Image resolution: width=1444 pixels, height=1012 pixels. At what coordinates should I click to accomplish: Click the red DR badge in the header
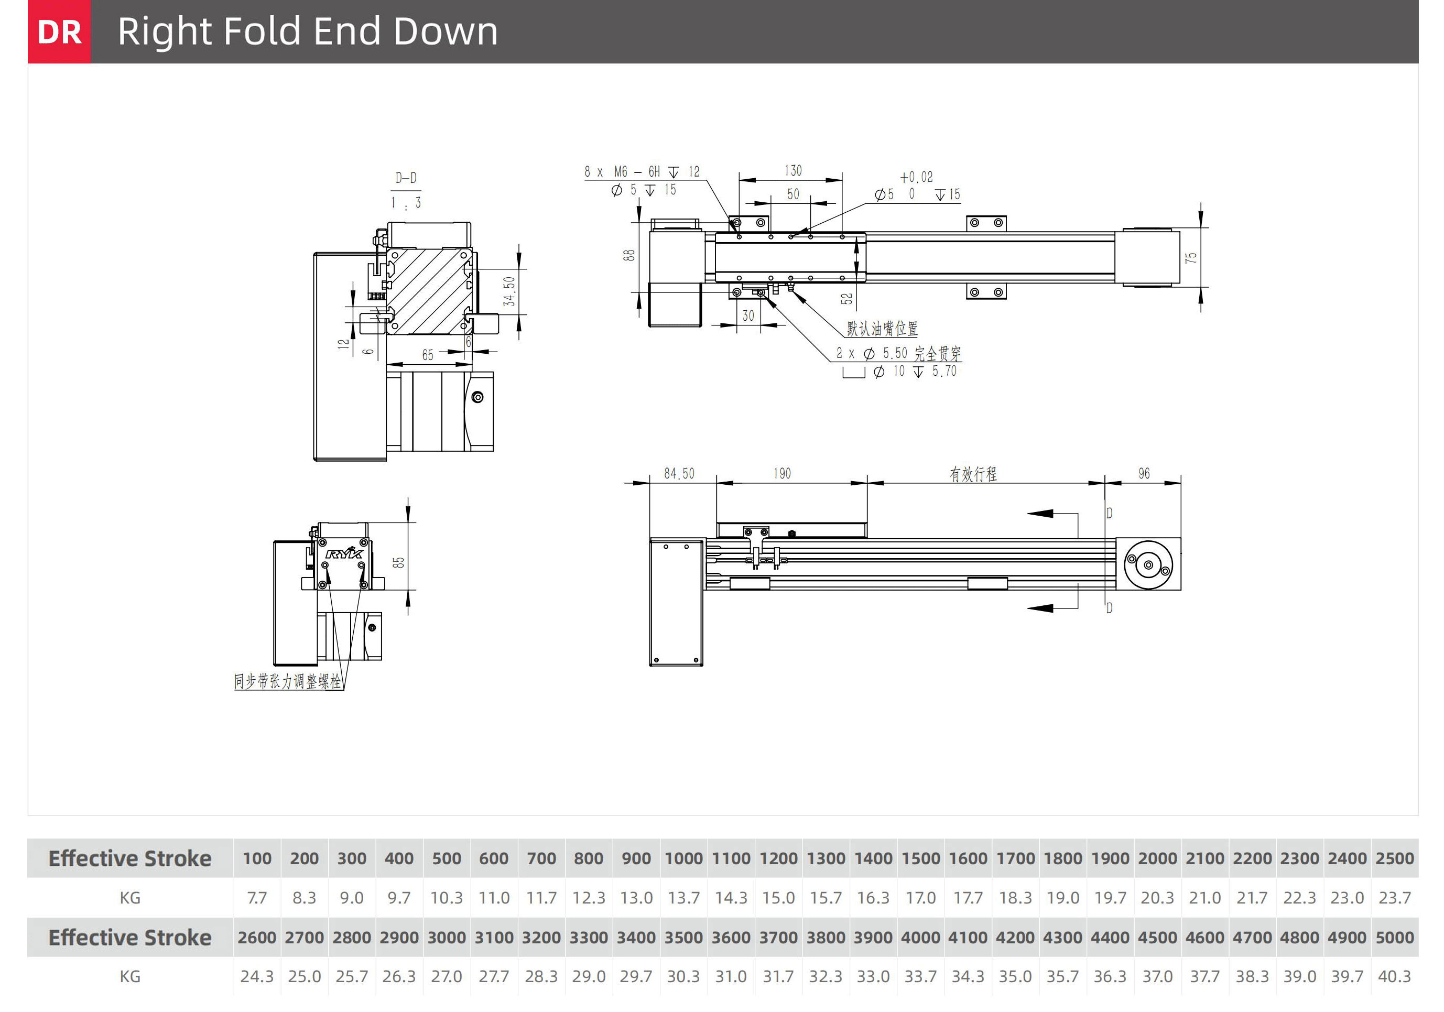[x=59, y=31]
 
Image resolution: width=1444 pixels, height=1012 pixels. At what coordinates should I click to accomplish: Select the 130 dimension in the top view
[x=793, y=170]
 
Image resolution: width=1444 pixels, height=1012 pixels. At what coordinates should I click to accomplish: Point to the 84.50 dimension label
[x=679, y=474]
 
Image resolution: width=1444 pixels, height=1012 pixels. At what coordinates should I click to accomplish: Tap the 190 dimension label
[x=781, y=474]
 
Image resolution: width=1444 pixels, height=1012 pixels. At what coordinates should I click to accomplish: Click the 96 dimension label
[x=1144, y=474]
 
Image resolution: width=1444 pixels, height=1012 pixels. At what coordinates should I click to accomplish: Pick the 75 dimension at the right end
[x=1190, y=258]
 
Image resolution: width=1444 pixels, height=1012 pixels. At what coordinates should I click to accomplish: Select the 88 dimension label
[x=629, y=255]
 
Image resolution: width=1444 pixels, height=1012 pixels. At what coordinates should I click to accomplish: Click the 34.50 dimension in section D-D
[x=509, y=291]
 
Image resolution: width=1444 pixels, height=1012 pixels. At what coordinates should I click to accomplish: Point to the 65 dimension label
[x=428, y=355]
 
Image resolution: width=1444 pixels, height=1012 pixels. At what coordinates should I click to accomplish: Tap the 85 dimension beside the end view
[x=399, y=562]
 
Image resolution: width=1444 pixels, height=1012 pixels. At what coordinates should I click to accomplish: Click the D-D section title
[x=406, y=178]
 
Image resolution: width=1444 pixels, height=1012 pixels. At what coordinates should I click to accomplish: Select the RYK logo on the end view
[x=343, y=553]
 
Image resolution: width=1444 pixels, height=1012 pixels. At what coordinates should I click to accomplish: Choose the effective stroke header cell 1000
[x=683, y=858]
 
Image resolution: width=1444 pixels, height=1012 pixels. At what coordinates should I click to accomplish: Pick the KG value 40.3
[x=1394, y=976]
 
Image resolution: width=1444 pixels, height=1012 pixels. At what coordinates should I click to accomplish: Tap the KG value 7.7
[x=257, y=898]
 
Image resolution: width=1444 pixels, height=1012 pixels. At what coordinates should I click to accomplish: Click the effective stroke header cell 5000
[x=1394, y=937]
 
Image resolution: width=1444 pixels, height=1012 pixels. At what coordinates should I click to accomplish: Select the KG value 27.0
[x=447, y=976]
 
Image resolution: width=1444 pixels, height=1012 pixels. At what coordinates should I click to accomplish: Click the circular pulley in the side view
[x=1148, y=564]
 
